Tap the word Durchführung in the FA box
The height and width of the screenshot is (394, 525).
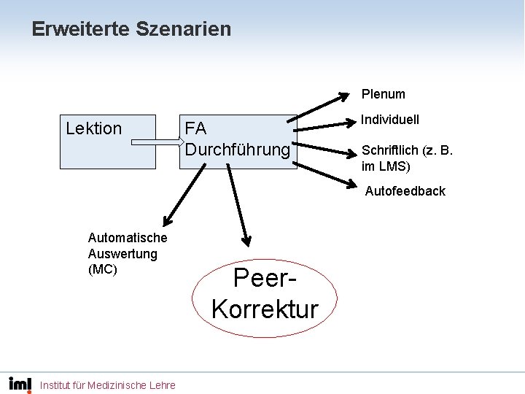[238, 150]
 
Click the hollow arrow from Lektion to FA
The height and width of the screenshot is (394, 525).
[156, 142]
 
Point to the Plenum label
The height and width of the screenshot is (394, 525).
[383, 94]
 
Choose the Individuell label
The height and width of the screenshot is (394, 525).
[390, 120]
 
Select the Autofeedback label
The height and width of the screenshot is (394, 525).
[405, 191]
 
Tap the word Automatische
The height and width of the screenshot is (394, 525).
[127, 238]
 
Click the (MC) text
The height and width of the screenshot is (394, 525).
[102, 269]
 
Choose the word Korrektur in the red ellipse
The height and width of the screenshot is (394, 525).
[265, 309]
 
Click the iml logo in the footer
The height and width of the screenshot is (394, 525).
[20, 384]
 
